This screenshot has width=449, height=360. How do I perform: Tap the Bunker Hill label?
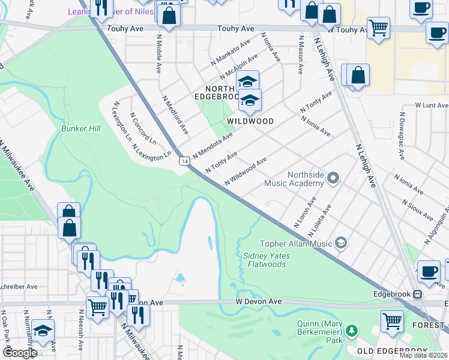80,128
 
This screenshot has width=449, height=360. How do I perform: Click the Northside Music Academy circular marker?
334,178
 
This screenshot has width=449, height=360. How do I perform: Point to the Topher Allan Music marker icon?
341,243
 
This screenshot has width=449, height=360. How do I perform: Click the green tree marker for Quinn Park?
352,330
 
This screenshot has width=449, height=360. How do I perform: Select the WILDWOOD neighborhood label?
250,121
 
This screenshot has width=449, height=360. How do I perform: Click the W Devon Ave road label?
258,301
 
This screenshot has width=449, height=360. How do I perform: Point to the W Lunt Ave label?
432,105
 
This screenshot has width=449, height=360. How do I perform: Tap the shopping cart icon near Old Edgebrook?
392,320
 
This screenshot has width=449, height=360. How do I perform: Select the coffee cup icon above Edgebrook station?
428,271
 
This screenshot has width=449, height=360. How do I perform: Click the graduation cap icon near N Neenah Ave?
43,330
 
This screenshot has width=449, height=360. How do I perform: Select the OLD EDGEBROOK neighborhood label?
392,350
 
